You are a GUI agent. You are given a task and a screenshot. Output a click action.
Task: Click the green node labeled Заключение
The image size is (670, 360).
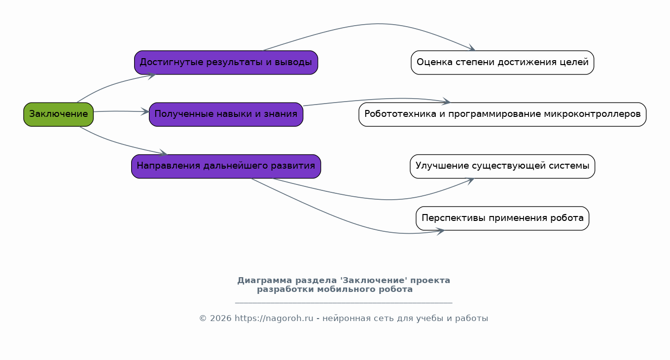coord(58,114)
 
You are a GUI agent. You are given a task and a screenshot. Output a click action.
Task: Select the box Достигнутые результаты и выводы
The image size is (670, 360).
coord(226,63)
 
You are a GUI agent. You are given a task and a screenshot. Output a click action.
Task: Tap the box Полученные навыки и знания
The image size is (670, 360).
coord(226,114)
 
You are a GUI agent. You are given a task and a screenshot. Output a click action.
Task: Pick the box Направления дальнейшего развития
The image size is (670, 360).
coord(226,166)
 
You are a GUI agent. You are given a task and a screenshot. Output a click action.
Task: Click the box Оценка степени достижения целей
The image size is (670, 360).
coord(502,63)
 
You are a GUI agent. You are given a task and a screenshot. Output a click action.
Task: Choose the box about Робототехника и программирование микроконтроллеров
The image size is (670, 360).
coord(502,114)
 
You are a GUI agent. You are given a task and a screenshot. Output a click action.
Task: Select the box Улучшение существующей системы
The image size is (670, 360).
coord(502,166)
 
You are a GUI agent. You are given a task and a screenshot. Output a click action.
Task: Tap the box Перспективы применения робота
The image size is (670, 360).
coord(502,218)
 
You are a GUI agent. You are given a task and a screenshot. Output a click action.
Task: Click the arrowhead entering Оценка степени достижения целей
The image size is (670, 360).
coord(472,49)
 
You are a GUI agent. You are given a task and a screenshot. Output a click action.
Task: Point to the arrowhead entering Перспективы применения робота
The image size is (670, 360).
coord(441,230)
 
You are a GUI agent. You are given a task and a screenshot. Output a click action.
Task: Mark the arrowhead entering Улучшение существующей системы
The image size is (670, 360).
coord(470,180)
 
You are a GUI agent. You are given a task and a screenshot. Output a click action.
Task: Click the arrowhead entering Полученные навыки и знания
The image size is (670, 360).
coord(145,112)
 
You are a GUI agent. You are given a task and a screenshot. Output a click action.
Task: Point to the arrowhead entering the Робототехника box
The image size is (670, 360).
coord(447,102)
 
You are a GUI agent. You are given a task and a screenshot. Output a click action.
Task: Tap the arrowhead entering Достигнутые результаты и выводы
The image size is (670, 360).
coord(152,75)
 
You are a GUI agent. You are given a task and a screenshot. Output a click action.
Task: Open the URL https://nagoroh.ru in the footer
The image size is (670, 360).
coord(274,319)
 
